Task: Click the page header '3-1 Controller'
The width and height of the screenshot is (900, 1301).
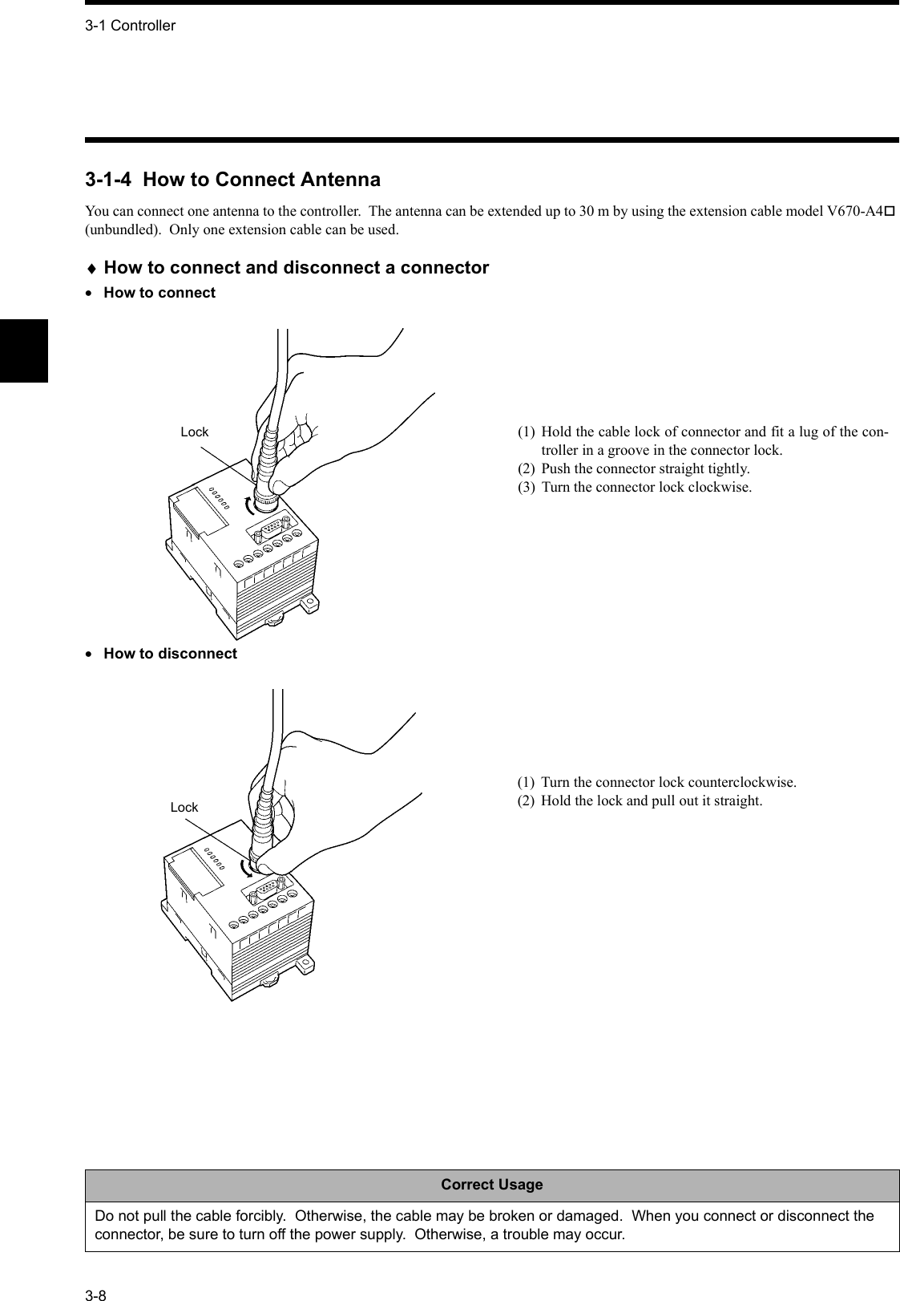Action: [130, 26]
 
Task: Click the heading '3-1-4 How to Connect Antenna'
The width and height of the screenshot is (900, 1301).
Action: [232, 179]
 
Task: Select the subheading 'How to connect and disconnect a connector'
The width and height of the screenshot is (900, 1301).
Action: [296, 268]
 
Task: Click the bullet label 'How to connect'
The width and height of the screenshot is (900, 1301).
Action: [159, 293]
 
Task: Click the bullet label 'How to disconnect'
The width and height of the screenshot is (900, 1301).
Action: [170, 654]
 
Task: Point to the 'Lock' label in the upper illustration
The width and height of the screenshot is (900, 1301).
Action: [194, 432]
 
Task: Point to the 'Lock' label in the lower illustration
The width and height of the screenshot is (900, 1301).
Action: [184, 807]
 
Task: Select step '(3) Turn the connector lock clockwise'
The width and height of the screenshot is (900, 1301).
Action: [646, 488]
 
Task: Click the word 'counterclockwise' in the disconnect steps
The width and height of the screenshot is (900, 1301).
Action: [741, 781]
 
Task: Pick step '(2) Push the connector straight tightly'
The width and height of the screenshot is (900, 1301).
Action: [645, 468]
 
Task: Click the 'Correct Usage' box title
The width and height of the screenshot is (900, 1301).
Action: [491, 1185]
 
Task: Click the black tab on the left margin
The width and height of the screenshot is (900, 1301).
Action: [24, 351]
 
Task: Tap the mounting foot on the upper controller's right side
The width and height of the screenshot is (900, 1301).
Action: [309, 600]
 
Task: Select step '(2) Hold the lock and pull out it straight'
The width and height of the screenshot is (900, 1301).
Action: [651, 800]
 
